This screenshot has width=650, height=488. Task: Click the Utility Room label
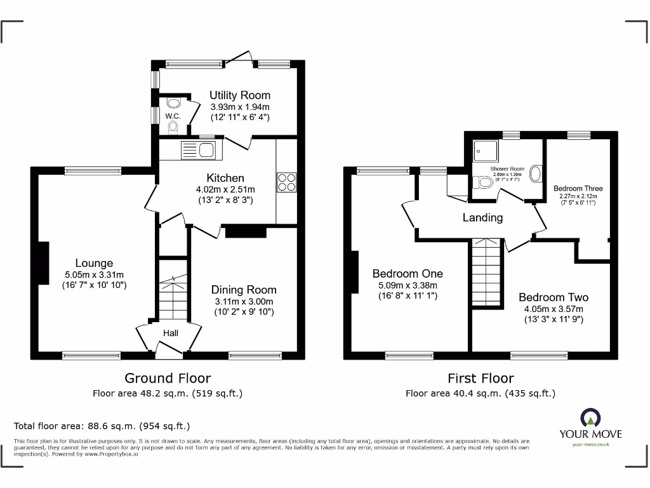click(240, 95)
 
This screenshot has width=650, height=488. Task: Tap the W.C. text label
click(173, 116)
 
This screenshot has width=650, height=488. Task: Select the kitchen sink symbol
click(198, 150)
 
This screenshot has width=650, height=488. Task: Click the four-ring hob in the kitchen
click(286, 182)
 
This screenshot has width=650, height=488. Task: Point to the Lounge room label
click(94, 263)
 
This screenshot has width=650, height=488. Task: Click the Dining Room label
click(244, 290)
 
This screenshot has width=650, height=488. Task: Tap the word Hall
click(171, 333)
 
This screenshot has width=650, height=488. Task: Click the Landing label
click(482, 217)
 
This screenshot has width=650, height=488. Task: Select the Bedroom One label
click(408, 274)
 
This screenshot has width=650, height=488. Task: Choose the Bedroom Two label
click(553, 297)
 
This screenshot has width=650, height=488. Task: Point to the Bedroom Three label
click(578, 188)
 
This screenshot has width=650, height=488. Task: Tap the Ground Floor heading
click(168, 379)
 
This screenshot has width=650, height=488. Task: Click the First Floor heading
click(481, 379)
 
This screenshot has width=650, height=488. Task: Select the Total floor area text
click(102, 426)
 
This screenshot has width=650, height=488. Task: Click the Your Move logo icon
click(590, 417)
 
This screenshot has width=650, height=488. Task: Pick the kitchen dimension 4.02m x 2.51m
click(225, 189)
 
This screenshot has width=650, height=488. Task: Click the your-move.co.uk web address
click(590, 445)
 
